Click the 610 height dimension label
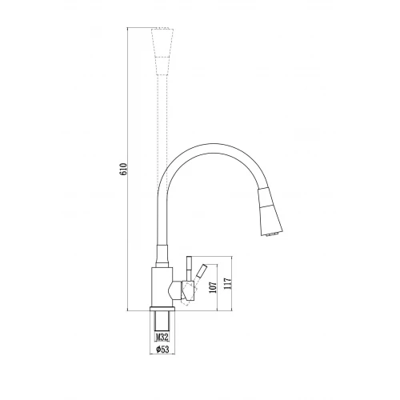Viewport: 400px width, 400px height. pos(123,169)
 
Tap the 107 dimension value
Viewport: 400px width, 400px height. pos(214,287)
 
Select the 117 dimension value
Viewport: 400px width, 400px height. pos(227,284)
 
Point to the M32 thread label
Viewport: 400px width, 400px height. pos(162,337)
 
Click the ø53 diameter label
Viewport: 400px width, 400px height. pos(162,349)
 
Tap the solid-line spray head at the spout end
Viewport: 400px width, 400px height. pos(270,212)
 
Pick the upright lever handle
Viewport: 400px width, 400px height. pos(189,269)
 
